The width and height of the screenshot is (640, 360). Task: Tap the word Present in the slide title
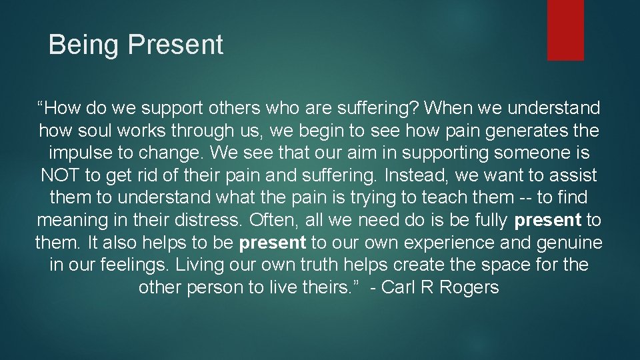pos(175,45)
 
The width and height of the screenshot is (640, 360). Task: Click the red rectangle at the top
pos(565,29)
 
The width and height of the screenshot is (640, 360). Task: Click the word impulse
pos(79,153)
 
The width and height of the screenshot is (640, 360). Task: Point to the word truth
pos(317,265)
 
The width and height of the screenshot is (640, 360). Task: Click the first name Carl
pos(399,287)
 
